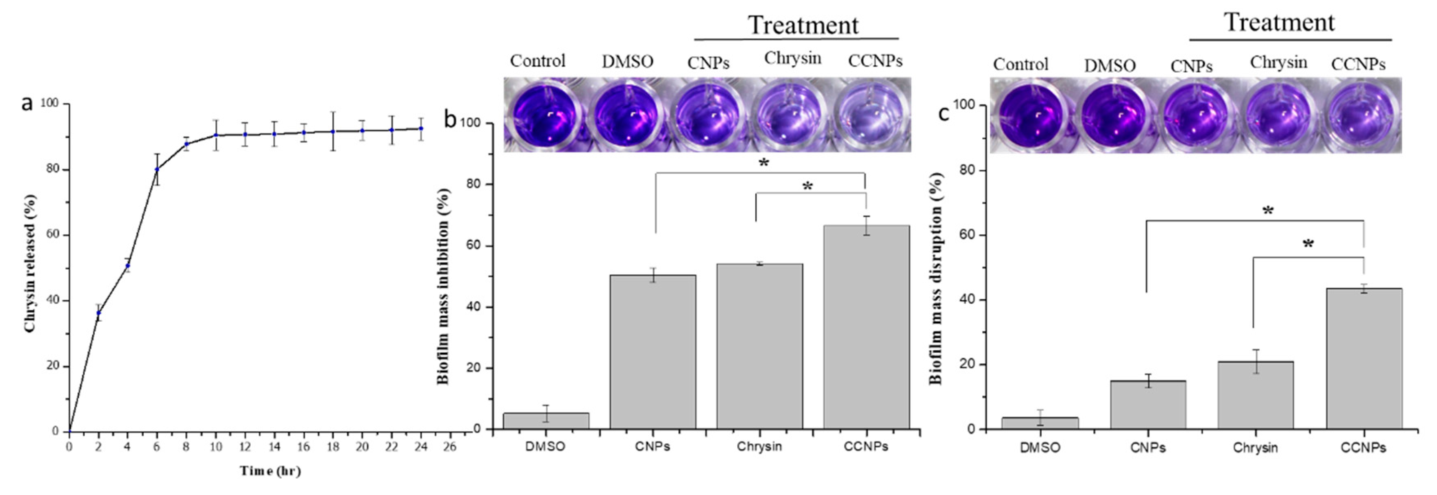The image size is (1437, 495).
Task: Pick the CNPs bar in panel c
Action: point(1148,405)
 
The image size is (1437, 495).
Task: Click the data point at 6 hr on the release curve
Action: point(157,170)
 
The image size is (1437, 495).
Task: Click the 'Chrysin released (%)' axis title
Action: point(30,263)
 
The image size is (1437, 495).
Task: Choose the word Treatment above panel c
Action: point(1279,22)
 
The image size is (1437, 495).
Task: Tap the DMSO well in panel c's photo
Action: point(1110,115)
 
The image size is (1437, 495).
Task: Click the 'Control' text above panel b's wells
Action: point(537,61)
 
